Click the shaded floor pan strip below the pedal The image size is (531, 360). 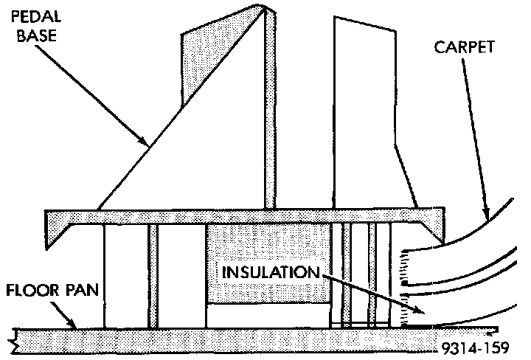221,340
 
